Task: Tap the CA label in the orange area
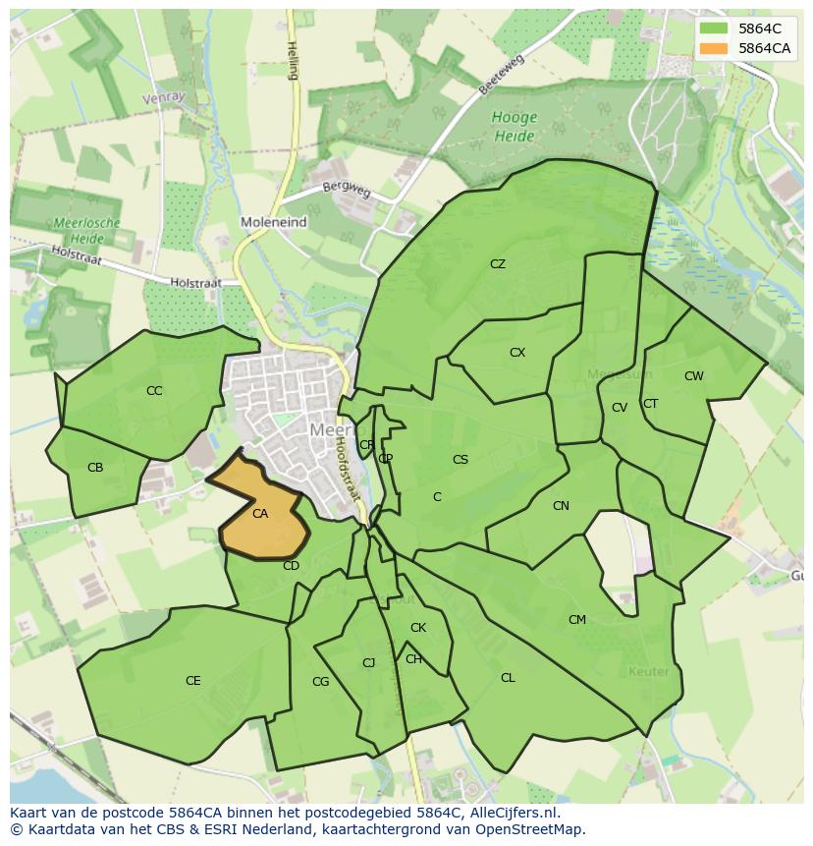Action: coord(260,514)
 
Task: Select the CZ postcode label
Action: coord(498,264)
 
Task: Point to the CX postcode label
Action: coord(517,353)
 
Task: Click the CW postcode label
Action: coord(694,376)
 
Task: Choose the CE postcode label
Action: coord(193,681)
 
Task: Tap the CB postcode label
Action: coord(95,468)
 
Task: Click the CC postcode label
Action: coord(154,391)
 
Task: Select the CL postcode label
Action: coord(508,678)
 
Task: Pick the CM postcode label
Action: coord(577,620)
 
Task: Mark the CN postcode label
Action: coord(561,506)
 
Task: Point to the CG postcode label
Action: coord(320,682)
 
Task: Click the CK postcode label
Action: coord(418,628)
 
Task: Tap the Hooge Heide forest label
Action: coord(514,125)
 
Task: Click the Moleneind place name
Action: coord(273,223)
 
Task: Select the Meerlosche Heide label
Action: coord(88,230)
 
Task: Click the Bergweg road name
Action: coord(347,189)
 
